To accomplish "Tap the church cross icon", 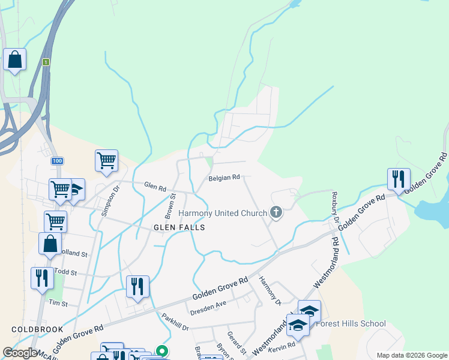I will tap(276, 212).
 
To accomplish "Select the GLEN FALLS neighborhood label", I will tap(179, 227).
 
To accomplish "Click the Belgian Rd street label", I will tap(224, 178).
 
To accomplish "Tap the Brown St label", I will tap(170, 205).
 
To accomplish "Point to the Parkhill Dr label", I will tap(175, 322).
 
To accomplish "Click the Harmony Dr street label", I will tap(270, 290).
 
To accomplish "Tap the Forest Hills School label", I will tap(351, 324).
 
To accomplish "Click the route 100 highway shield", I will tap(57, 161).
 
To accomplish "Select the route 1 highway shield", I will tap(46, 62).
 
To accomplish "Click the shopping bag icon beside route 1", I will tap(14, 60).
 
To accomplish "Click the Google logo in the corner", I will tap(20, 353).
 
